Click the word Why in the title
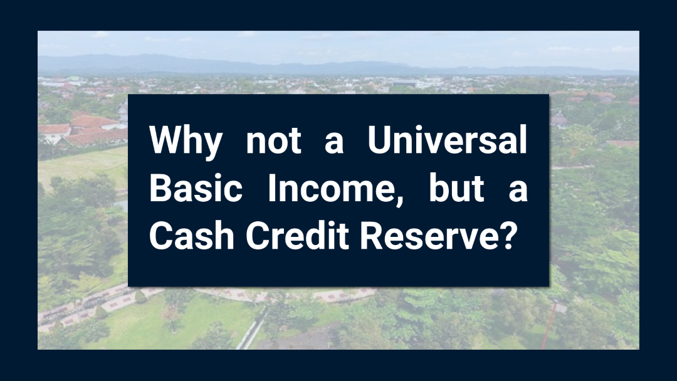coord(185,142)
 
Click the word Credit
coord(298,236)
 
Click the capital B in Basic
coord(160,188)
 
